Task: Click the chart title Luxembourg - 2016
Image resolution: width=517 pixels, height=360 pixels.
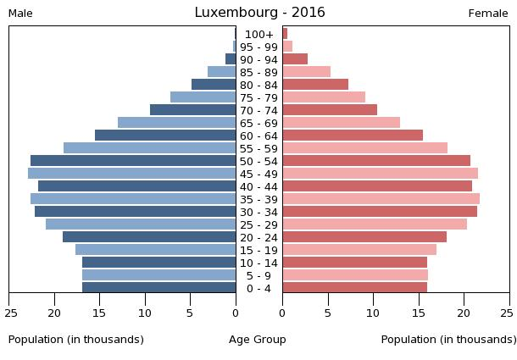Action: (259, 13)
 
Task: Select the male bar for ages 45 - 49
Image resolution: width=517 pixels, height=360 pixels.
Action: (131, 174)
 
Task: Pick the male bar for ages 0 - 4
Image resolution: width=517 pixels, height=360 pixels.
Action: (158, 288)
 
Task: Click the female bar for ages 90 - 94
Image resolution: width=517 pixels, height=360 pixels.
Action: (295, 59)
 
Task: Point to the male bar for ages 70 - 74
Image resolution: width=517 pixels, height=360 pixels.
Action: (192, 110)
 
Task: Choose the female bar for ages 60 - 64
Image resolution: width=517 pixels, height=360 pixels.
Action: (353, 136)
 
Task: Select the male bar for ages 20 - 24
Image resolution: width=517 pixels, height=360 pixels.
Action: (149, 237)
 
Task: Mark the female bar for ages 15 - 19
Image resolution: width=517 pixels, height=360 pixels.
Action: (359, 250)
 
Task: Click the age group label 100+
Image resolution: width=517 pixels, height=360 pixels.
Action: (259, 34)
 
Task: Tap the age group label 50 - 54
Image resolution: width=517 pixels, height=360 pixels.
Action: (259, 161)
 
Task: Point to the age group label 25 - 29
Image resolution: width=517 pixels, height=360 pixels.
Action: (259, 224)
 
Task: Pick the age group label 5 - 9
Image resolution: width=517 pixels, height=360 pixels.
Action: (259, 275)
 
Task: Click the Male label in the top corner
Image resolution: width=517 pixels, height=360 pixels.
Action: (20, 14)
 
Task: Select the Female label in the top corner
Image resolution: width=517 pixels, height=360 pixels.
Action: (488, 14)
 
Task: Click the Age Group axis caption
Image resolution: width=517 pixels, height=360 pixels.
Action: (258, 340)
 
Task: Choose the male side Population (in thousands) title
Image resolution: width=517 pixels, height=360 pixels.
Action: (76, 340)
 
